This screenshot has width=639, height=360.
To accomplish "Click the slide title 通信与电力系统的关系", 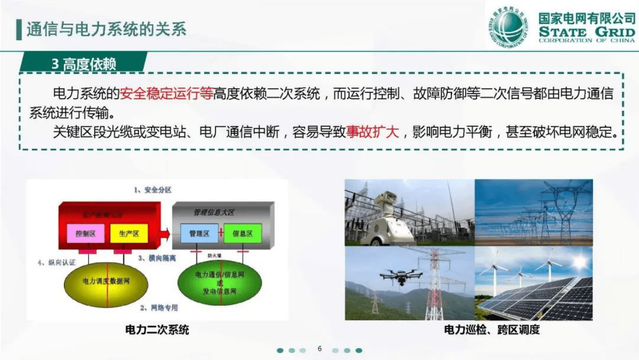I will (106, 29).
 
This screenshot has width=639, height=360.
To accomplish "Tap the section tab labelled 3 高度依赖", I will (84, 64).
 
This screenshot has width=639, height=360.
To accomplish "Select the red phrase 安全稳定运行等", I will (166, 94).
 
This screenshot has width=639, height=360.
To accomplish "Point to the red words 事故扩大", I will (372, 132).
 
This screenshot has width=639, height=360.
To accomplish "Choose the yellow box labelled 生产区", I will (128, 234).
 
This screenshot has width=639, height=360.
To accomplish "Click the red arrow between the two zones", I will (165, 234).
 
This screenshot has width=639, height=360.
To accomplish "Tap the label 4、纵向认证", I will (57, 263).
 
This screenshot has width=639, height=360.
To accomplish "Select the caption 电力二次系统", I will (157, 329).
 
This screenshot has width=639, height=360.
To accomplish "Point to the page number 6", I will (319, 349).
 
